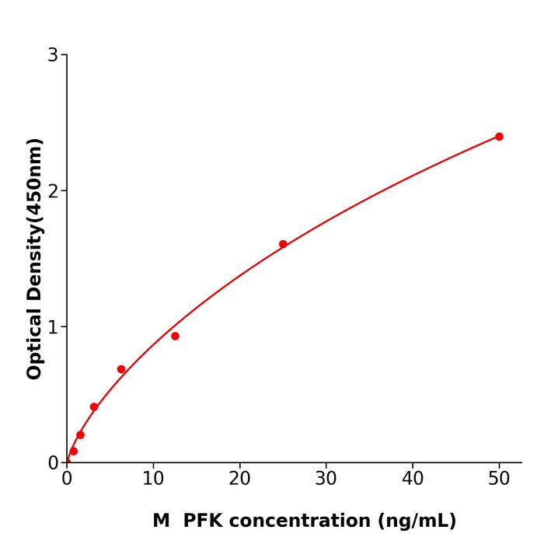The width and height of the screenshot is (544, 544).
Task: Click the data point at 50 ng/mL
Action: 499,137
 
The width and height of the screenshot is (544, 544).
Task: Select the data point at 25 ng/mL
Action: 283,244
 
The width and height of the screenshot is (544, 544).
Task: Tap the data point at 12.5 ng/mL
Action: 175,337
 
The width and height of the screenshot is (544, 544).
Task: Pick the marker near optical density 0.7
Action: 121,369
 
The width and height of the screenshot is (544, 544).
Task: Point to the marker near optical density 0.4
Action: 94,407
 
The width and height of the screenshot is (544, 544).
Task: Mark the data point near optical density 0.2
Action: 80,435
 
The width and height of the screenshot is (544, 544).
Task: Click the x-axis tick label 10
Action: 153,479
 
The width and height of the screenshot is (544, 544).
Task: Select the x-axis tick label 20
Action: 239,479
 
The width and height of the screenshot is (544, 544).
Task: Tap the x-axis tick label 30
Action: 326,479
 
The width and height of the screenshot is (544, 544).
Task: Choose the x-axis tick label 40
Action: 413,479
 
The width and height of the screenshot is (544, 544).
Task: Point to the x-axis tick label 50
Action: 499,479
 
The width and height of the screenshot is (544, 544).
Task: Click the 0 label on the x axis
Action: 67,479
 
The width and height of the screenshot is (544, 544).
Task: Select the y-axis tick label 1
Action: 53,327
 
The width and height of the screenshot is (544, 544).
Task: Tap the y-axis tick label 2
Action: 53,191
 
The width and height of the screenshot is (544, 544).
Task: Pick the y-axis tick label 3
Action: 53,55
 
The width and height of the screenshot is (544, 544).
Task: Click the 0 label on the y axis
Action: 53,463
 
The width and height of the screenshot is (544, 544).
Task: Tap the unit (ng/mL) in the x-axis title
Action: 417,521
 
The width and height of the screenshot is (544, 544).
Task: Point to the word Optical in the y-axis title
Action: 34,342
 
